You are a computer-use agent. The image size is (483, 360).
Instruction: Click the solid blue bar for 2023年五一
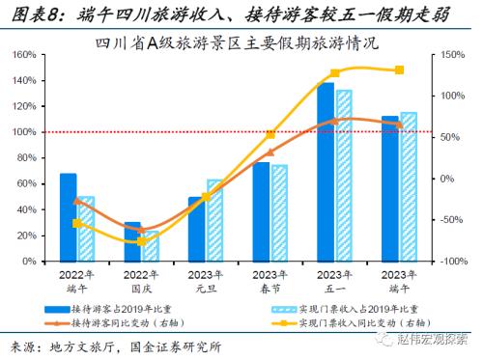pos(326,172)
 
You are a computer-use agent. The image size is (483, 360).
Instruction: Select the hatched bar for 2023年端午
pos(408,187)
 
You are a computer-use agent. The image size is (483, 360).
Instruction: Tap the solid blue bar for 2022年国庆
pos(132,241)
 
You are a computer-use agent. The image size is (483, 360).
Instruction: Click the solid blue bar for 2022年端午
pos(68,217)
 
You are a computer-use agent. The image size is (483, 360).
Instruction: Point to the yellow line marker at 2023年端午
pos(399,69)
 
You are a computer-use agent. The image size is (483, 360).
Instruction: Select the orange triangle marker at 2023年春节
pos(270,152)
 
